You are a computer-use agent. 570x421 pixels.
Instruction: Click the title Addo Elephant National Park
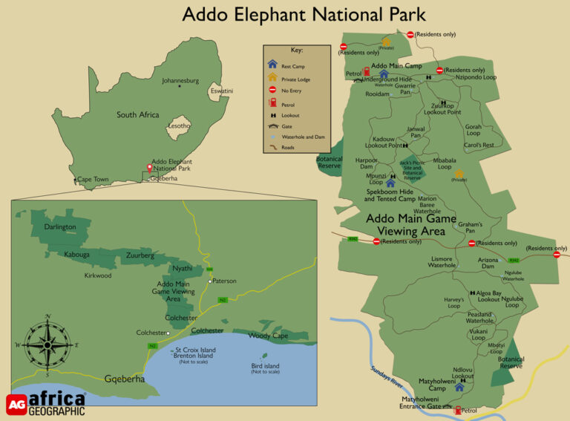(x=304, y=14)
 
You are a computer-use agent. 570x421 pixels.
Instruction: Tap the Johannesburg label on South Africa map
(x=180, y=80)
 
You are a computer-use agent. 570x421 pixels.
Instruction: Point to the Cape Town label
(x=93, y=179)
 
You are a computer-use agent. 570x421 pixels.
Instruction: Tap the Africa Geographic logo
(x=46, y=404)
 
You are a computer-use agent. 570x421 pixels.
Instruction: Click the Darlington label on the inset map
(x=60, y=226)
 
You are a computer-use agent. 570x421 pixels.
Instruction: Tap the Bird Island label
(x=265, y=366)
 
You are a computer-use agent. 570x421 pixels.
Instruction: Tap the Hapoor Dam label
(x=367, y=163)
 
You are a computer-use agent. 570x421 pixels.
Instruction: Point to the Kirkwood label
(x=98, y=275)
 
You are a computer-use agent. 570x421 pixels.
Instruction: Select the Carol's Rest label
(x=479, y=146)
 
